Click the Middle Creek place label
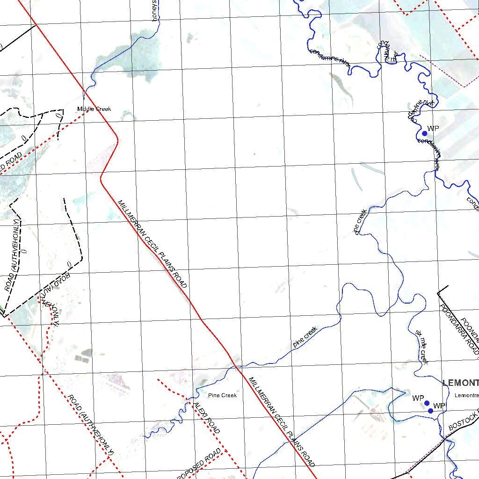point(94,109)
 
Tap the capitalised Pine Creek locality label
point(222,396)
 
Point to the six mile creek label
point(421,347)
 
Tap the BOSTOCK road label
point(464,421)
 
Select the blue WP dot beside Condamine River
point(425,133)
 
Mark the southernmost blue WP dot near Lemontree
point(430,411)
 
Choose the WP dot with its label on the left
point(427,403)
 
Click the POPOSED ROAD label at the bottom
point(199,463)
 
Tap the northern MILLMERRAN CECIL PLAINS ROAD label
point(152,244)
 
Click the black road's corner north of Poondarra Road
point(438,293)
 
